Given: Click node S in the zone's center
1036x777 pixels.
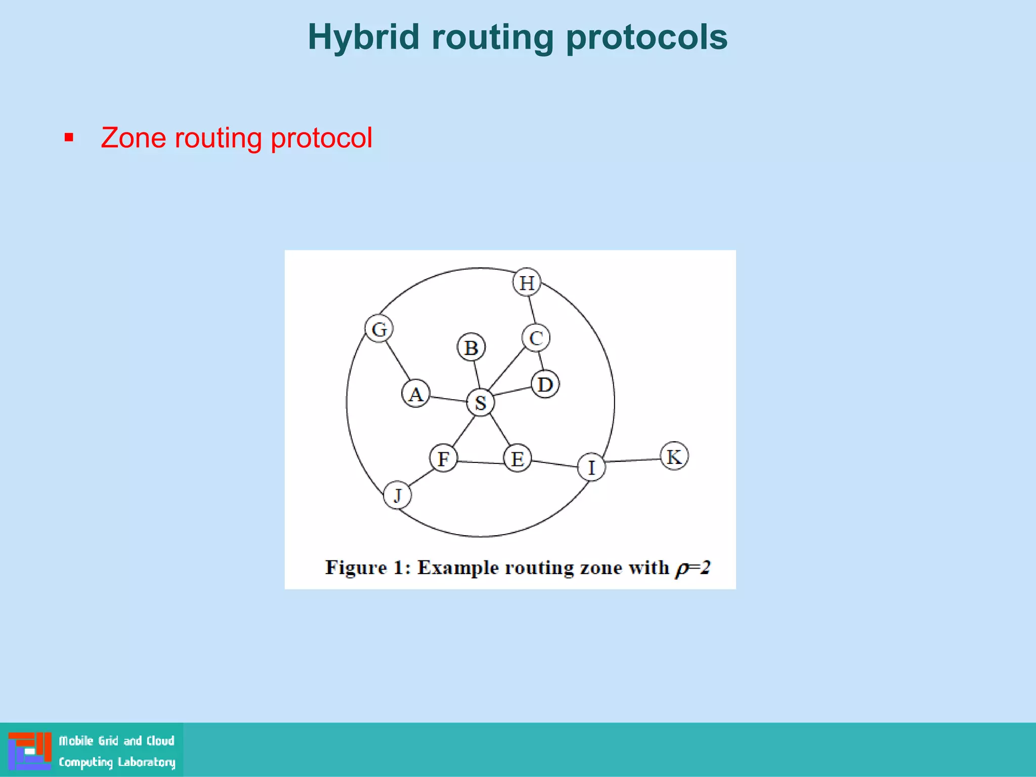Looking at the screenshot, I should (480, 403).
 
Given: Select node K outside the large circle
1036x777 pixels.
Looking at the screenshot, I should (674, 456).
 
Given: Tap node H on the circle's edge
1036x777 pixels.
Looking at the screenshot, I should (527, 282).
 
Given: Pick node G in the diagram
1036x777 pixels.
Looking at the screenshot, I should (379, 329).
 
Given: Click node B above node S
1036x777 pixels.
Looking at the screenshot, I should (471, 348).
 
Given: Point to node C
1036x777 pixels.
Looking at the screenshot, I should (536, 338).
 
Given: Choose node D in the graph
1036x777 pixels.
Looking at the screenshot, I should (545, 384).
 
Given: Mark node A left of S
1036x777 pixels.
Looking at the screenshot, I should (416, 394).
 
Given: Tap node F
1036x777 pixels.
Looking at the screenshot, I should (444, 458).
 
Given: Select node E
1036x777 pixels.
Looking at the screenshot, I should (517, 458).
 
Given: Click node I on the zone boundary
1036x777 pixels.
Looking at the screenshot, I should (591, 467).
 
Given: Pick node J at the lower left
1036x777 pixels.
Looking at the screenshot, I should (397, 495).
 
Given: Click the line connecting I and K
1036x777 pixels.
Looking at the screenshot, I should (632, 460).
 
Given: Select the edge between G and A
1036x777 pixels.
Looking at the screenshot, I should (398, 361).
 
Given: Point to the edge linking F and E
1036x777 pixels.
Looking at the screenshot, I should (481, 462).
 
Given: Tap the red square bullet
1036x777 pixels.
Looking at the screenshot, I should (69, 138).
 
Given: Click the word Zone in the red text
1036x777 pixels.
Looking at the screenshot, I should (133, 138).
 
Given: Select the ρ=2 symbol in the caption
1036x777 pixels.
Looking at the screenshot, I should (693, 568).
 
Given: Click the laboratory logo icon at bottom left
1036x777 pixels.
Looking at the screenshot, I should (30, 750).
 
